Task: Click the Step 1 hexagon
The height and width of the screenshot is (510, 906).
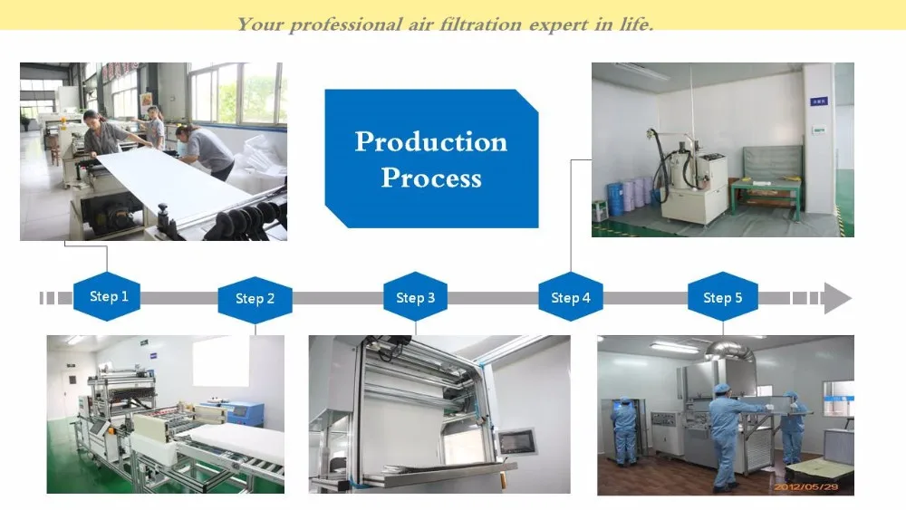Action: click(x=107, y=296)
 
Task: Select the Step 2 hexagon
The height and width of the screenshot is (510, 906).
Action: click(x=255, y=299)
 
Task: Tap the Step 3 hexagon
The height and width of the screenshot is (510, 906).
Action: click(x=416, y=297)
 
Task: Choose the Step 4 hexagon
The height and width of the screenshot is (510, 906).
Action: click(x=571, y=297)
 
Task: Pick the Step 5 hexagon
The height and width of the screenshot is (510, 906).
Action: click(x=723, y=297)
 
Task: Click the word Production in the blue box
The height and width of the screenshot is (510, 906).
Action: click(x=431, y=142)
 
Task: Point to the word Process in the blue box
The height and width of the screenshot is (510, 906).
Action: click(x=431, y=178)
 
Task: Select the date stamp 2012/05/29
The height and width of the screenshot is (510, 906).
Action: click(x=805, y=486)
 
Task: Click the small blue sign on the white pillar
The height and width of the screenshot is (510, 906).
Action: click(x=819, y=101)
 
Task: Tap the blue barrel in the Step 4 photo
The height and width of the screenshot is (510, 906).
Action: click(x=615, y=198)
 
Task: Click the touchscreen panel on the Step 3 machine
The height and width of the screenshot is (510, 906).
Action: click(x=517, y=442)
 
